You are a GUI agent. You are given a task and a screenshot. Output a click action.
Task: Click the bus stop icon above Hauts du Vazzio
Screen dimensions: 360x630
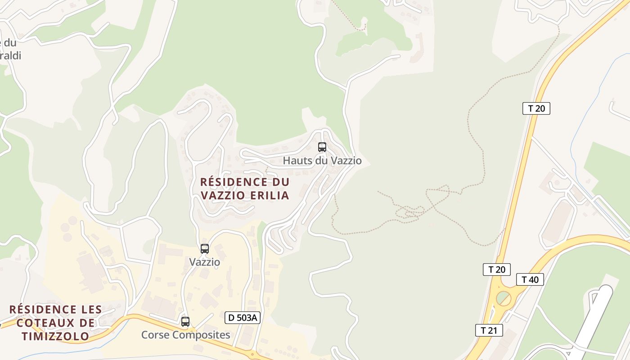(322, 147)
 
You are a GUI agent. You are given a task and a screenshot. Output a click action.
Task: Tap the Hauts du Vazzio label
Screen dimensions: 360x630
(322, 161)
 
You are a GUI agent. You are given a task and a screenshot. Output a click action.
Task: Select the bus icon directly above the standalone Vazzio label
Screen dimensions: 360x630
(204, 248)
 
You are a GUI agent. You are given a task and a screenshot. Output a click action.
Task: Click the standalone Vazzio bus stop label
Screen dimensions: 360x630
(204, 262)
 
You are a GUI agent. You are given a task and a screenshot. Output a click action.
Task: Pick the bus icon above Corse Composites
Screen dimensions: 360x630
(185, 321)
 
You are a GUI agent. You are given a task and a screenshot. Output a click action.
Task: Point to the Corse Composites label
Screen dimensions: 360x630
(185, 335)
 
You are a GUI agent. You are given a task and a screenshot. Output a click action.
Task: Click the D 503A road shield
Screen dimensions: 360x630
(243, 318)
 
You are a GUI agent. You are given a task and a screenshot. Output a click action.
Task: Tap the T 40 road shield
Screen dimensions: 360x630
(530, 279)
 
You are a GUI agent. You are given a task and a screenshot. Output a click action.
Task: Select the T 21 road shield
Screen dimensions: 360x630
(489, 330)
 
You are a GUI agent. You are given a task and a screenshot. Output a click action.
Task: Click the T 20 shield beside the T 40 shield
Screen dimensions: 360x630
(497, 270)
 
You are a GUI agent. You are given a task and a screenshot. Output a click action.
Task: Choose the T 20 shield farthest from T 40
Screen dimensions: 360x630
(536, 108)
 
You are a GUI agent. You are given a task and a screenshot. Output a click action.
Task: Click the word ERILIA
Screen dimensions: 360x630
(268, 195)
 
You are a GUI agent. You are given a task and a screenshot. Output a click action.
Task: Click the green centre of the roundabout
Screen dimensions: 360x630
(503, 298)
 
